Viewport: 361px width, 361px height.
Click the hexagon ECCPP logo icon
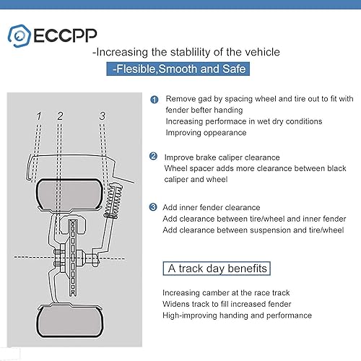(20, 34)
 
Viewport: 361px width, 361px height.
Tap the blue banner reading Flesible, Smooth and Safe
(180, 70)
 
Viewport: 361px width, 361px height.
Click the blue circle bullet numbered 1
(154, 100)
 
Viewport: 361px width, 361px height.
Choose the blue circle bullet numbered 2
(154, 156)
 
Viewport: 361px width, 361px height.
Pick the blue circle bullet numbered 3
(154, 208)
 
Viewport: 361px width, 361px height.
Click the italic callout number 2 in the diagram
(61, 116)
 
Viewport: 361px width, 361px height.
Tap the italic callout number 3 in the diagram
(103, 116)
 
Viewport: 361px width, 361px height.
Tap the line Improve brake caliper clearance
(223, 157)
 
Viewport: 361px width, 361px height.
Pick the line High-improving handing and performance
(237, 316)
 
